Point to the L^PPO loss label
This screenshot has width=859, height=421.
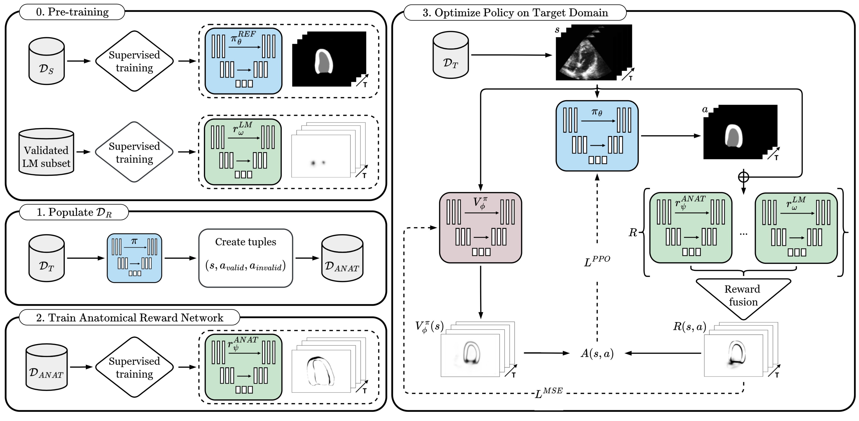pos(597,262)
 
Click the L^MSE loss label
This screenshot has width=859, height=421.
pos(548,393)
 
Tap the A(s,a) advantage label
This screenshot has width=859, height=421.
pos(597,353)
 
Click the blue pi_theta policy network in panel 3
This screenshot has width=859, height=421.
pos(597,136)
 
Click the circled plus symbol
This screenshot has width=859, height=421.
pos(743,176)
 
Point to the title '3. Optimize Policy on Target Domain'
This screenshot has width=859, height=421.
pos(515,13)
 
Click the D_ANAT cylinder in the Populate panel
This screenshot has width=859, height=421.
pos(342,258)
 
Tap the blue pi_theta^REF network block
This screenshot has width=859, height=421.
pos(244,61)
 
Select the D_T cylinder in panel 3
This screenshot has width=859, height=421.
pos(451,55)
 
